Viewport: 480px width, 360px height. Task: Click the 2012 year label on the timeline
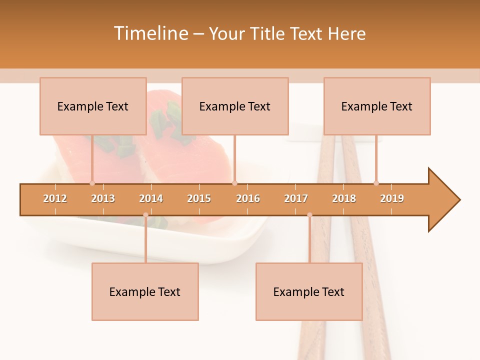[x=55, y=198]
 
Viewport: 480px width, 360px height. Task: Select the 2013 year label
[x=103, y=198]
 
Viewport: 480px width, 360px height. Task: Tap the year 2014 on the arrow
[x=151, y=198]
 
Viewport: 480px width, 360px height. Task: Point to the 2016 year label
[x=248, y=198]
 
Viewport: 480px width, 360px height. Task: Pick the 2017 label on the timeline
[x=296, y=198]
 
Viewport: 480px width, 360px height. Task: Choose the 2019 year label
[x=392, y=198]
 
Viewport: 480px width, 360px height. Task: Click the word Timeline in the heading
[x=150, y=33]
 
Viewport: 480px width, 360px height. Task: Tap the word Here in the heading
[x=346, y=33]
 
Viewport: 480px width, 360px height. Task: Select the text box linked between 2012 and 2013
[x=93, y=106]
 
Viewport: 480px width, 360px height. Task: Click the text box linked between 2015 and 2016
[x=235, y=106]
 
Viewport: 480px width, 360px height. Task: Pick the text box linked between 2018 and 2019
[x=377, y=106]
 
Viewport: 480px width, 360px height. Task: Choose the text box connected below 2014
[x=145, y=291]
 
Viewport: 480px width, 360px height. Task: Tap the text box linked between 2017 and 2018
[x=309, y=291]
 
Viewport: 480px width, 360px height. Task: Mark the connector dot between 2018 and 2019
[x=376, y=183]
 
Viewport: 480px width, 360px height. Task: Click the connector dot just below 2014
[x=145, y=215]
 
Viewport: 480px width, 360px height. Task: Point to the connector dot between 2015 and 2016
[x=235, y=183]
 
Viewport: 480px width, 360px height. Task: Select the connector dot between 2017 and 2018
[x=309, y=215]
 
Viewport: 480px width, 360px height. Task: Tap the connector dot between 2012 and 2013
[x=92, y=183]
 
